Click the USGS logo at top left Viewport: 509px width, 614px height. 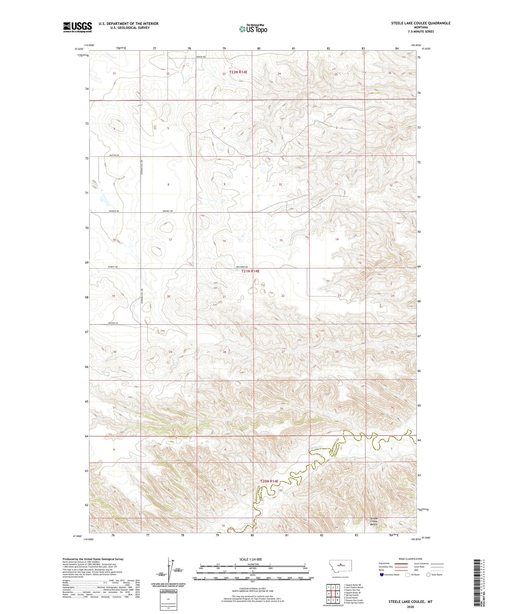point(77,27)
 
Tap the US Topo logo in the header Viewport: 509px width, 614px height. point(253,29)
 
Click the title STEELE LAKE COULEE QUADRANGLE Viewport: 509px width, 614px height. point(421,23)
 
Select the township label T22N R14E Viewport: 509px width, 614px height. point(238,72)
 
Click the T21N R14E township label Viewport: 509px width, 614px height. point(250,271)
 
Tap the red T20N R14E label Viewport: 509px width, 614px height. point(269,481)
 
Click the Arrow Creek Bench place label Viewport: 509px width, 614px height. point(374,522)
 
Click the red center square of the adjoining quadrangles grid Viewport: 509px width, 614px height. point(333,594)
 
